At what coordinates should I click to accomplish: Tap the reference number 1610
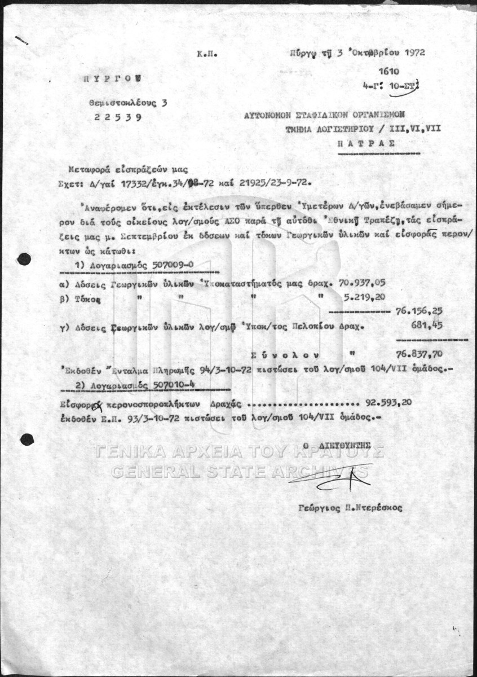(x=388, y=72)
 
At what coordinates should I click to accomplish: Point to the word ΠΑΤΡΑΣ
(x=366, y=143)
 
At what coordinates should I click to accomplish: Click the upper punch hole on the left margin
(x=24, y=259)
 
